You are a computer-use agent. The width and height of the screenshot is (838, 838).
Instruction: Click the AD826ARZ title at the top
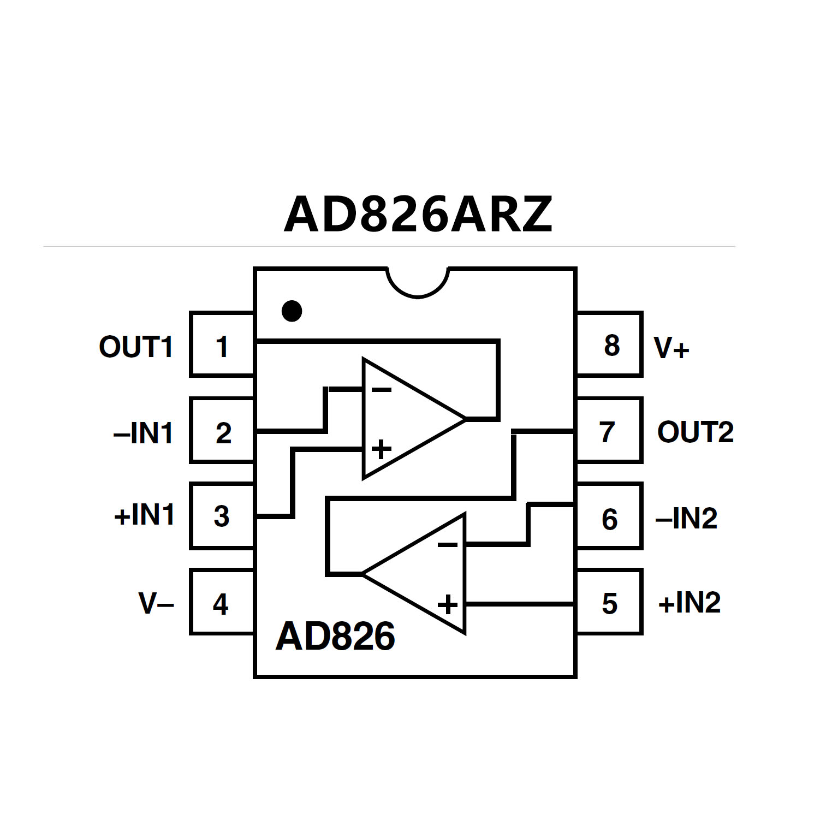point(418,215)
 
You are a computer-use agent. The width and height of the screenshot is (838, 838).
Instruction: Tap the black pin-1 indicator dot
point(292,311)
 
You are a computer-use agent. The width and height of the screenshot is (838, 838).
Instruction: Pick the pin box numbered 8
point(610,345)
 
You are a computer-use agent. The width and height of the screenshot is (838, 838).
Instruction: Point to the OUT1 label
point(136,347)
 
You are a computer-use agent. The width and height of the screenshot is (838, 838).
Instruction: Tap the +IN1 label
point(144,515)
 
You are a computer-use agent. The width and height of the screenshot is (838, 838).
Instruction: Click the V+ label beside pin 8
point(671,348)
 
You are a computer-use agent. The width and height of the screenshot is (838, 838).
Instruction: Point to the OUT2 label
point(695,432)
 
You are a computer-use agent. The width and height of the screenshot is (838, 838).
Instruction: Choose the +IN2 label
point(690,603)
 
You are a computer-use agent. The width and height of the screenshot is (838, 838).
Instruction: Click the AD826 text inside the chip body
point(335,637)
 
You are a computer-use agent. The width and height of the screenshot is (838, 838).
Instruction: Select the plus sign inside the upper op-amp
point(381,450)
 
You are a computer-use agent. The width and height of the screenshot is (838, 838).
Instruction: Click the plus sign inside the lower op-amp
point(448,604)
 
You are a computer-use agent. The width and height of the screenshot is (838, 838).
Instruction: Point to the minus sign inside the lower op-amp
point(448,545)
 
